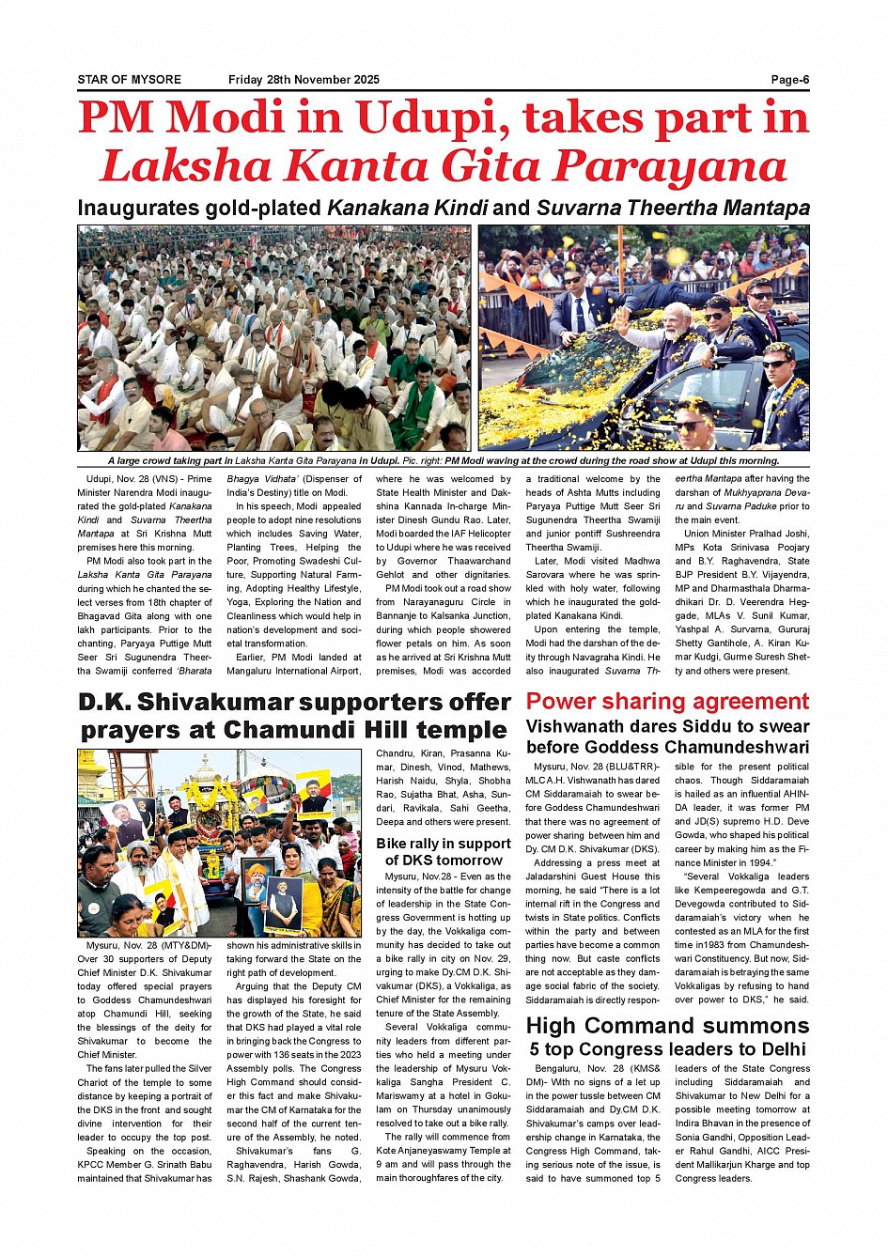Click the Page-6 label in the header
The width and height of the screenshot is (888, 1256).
[789, 80]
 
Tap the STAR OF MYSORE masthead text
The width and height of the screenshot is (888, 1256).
[129, 80]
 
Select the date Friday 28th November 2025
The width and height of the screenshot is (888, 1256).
[304, 80]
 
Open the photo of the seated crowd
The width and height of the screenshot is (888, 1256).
[273, 338]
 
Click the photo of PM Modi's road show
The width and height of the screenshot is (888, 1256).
[644, 338]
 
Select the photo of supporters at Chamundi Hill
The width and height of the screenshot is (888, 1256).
[219, 843]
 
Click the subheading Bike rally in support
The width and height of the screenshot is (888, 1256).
[444, 844]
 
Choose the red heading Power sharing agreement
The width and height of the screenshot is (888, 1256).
[667, 702]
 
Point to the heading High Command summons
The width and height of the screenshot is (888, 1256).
[667, 1026]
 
